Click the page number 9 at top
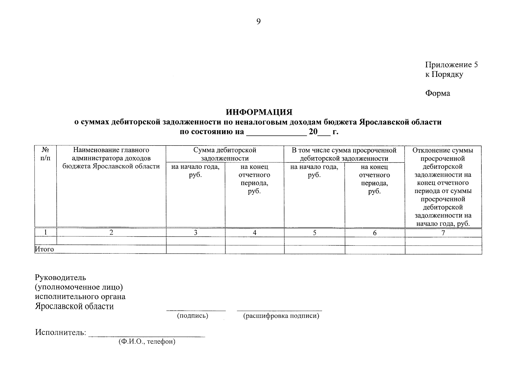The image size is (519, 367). pos(258,22)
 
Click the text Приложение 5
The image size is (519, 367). pos(451,65)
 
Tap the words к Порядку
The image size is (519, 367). pos(444,74)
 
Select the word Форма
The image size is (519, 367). pos(437,93)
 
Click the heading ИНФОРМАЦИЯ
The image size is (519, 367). pos(259,112)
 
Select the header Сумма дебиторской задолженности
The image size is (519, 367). pos(225,154)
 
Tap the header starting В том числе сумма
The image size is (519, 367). pos(344,154)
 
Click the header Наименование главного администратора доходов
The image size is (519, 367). pos(111,158)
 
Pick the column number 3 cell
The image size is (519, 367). pos(195,233)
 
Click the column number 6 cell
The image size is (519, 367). pos(375,233)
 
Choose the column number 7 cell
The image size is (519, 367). pos(443,233)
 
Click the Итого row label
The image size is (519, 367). pos(45,249)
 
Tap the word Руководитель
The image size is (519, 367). pos(61,278)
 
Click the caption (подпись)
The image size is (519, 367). pos(193,316)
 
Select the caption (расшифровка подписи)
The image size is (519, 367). pos(281,316)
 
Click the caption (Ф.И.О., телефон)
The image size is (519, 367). pos(147,342)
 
